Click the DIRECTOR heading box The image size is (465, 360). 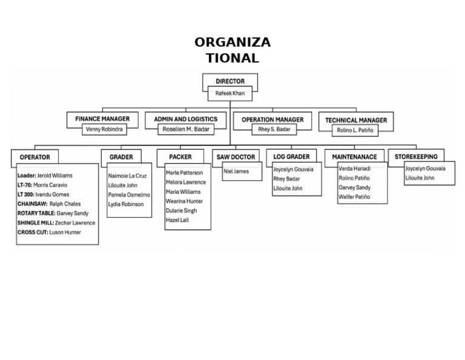click(230, 81)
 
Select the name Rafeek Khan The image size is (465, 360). click(230, 94)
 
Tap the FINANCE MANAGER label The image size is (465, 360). click(102, 119)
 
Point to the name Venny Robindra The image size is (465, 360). click(104, 130)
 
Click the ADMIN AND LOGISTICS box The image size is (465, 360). click(185, 119)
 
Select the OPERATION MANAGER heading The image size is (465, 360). click(272, 119)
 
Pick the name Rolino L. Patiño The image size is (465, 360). click(355, 130)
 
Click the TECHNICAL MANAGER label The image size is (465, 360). click(356, 120)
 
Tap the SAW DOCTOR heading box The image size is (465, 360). click(236, 157)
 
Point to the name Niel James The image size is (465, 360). click(236, 172)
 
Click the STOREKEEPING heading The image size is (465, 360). click(416, 156)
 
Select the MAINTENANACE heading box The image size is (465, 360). click(354, 157)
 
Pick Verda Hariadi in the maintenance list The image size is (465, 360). click(354, 168)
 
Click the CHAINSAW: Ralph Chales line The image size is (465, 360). click(49, 204)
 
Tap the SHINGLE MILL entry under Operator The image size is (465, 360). click(56, 223)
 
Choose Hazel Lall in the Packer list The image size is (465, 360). click(178, 220)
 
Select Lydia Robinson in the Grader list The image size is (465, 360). click(126, 204)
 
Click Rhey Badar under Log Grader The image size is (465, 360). click(287, 179)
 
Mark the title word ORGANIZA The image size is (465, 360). click(232, 42)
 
